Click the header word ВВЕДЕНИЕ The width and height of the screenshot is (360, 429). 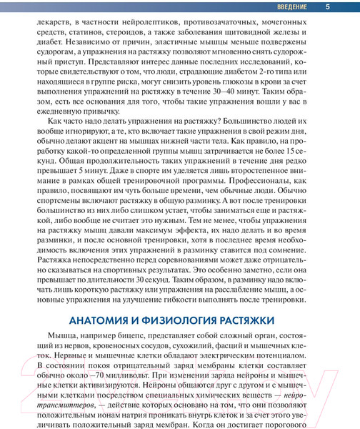pyautogui.click(x=291, y=7)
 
